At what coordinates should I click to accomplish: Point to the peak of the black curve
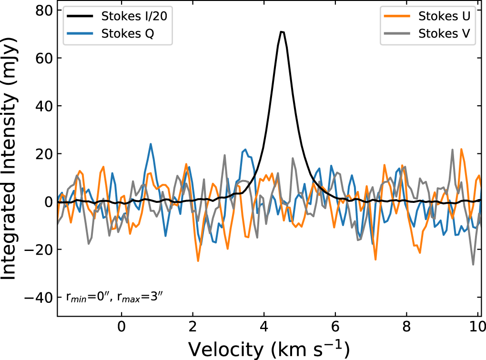coord(282,32)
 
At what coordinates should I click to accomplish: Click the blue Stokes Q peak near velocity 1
coord(151,144)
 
